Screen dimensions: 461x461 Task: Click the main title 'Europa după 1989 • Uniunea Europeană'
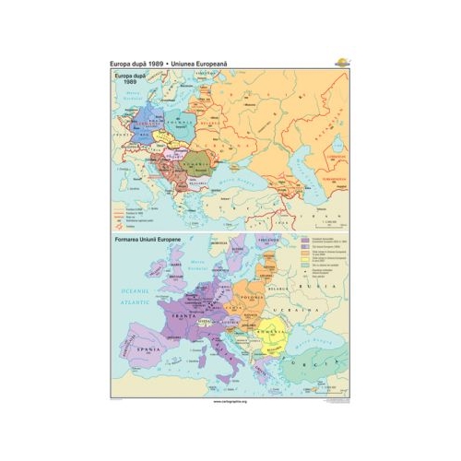click(x=169, y=62)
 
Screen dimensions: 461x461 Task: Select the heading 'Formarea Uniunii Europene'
click(x=151, y=241)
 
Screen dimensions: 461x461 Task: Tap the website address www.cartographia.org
click(x=230, y=403)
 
